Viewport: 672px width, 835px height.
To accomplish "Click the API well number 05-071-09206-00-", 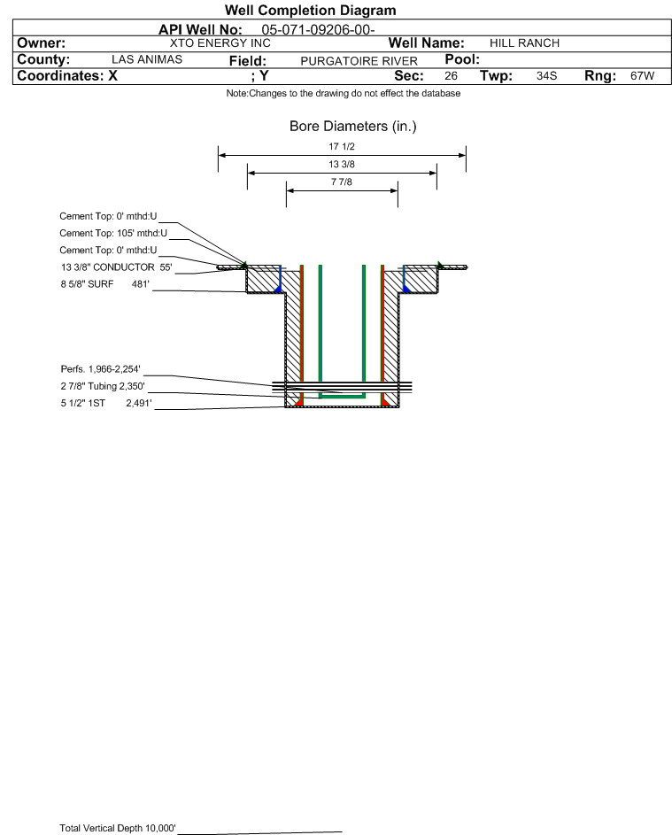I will tap(320, 28).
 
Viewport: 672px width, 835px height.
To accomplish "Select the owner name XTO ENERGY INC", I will tap(220, 43).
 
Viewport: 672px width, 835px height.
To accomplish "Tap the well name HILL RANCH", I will tap(524, 43).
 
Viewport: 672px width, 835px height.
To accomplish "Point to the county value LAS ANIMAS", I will tap(147, 59).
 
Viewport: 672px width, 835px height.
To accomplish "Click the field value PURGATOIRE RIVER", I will tap(359, 60).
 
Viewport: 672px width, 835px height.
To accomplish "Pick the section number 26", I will tap(451, 76).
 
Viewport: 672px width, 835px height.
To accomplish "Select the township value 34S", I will tap(546, 76).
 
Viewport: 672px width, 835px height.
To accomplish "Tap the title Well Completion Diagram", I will tap(311, 11).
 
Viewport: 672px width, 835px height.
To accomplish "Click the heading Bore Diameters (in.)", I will tap(352, 127).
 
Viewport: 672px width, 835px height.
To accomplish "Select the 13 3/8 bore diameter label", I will tap(342, 164).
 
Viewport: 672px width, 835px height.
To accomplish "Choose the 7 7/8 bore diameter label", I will tap(342, 182).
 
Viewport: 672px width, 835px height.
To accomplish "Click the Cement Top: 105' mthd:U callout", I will tap(107, 232).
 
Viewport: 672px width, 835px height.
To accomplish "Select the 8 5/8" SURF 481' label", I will tap(104, 284).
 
